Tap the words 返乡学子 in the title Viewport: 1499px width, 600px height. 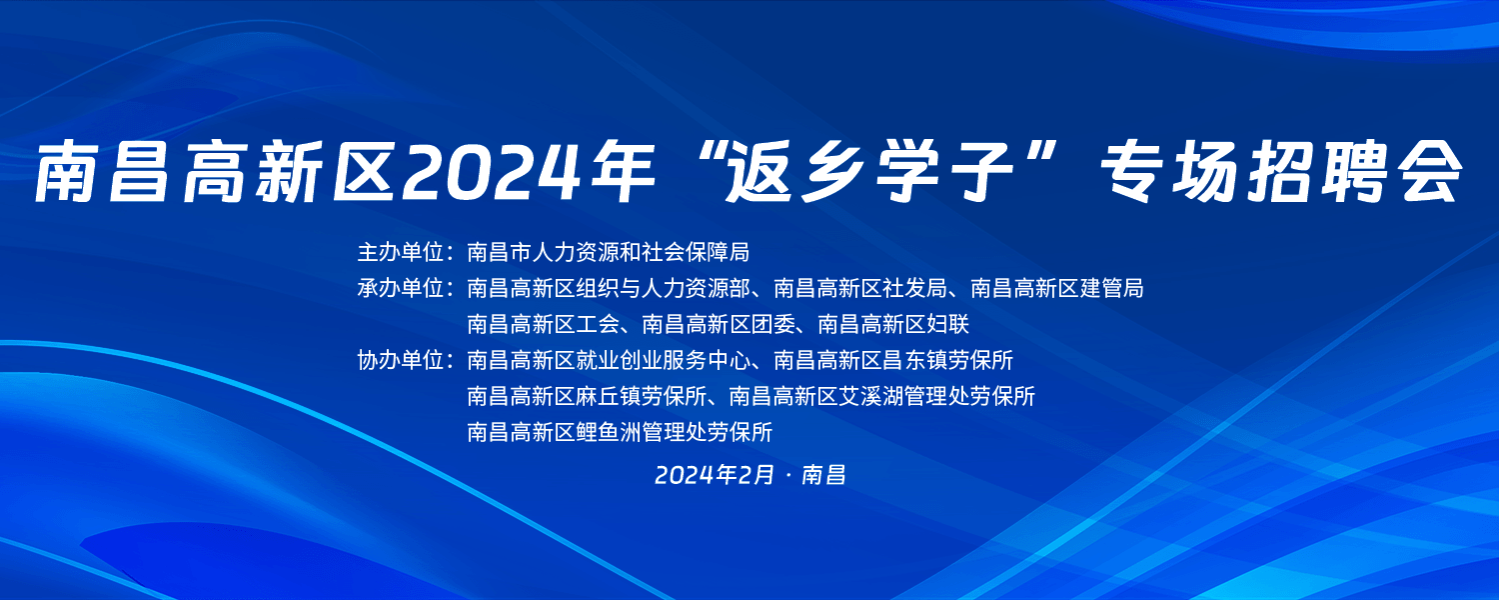click(870, 171)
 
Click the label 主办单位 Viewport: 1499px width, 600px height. click(400, 252)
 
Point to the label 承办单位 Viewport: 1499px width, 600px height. click(400, 289)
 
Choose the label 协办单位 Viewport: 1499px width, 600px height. click(400, 361)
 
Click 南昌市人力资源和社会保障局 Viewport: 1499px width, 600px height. click(609, 252)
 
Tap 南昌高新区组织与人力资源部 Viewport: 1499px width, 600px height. click(609, 289)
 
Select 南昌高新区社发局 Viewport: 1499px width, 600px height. click(860, 289)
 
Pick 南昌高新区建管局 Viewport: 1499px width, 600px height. click(1057, 289)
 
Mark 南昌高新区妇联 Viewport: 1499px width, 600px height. click(894, 325)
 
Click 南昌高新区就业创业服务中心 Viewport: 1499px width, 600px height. click(609, 361)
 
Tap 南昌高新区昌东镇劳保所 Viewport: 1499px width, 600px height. click(893, 361)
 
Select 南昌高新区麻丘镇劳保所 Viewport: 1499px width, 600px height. click(587, 396)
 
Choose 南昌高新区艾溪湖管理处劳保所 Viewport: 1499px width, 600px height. click(882, 396)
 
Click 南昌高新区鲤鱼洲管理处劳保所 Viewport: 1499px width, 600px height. click(620, 433)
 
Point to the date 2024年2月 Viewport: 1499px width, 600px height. click(715, 475)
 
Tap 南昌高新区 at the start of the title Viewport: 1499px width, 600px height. click(214, 171)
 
